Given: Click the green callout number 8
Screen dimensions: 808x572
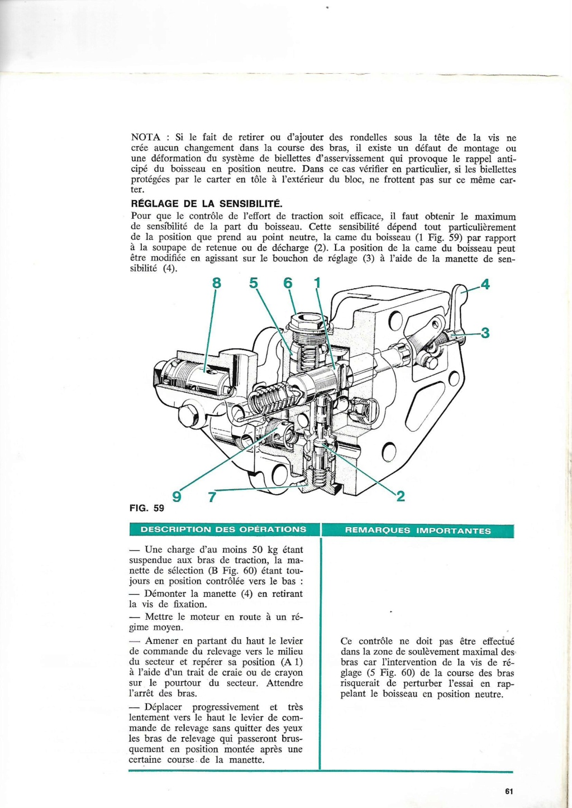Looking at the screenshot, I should coord(217,283).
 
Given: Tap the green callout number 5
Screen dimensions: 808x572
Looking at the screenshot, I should coord(254,283).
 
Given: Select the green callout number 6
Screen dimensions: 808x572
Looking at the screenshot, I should coord(288,283).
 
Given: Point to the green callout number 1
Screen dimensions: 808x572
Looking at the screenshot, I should coord(317,283).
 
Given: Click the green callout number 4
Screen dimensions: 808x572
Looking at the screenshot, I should coord(485,284).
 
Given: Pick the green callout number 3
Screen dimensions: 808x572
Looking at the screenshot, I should coord(485,333).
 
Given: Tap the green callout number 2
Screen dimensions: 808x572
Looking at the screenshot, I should coord(400,495).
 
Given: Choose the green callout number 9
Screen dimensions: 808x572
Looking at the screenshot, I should coord(177,496).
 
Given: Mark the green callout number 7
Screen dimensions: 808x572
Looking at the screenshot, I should coord(212,496).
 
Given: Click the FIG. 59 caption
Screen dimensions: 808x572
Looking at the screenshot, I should coord(147,508).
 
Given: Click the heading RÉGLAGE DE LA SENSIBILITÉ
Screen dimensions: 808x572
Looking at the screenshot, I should coord(207,204).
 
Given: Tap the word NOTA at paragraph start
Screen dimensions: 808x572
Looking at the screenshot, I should coord(146,137).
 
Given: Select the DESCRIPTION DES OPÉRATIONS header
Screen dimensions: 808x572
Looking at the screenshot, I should coord(223,529).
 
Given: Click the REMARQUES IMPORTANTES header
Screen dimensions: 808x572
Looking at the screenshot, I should coord(418,530).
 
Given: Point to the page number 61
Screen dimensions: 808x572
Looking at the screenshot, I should coord(508,791).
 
